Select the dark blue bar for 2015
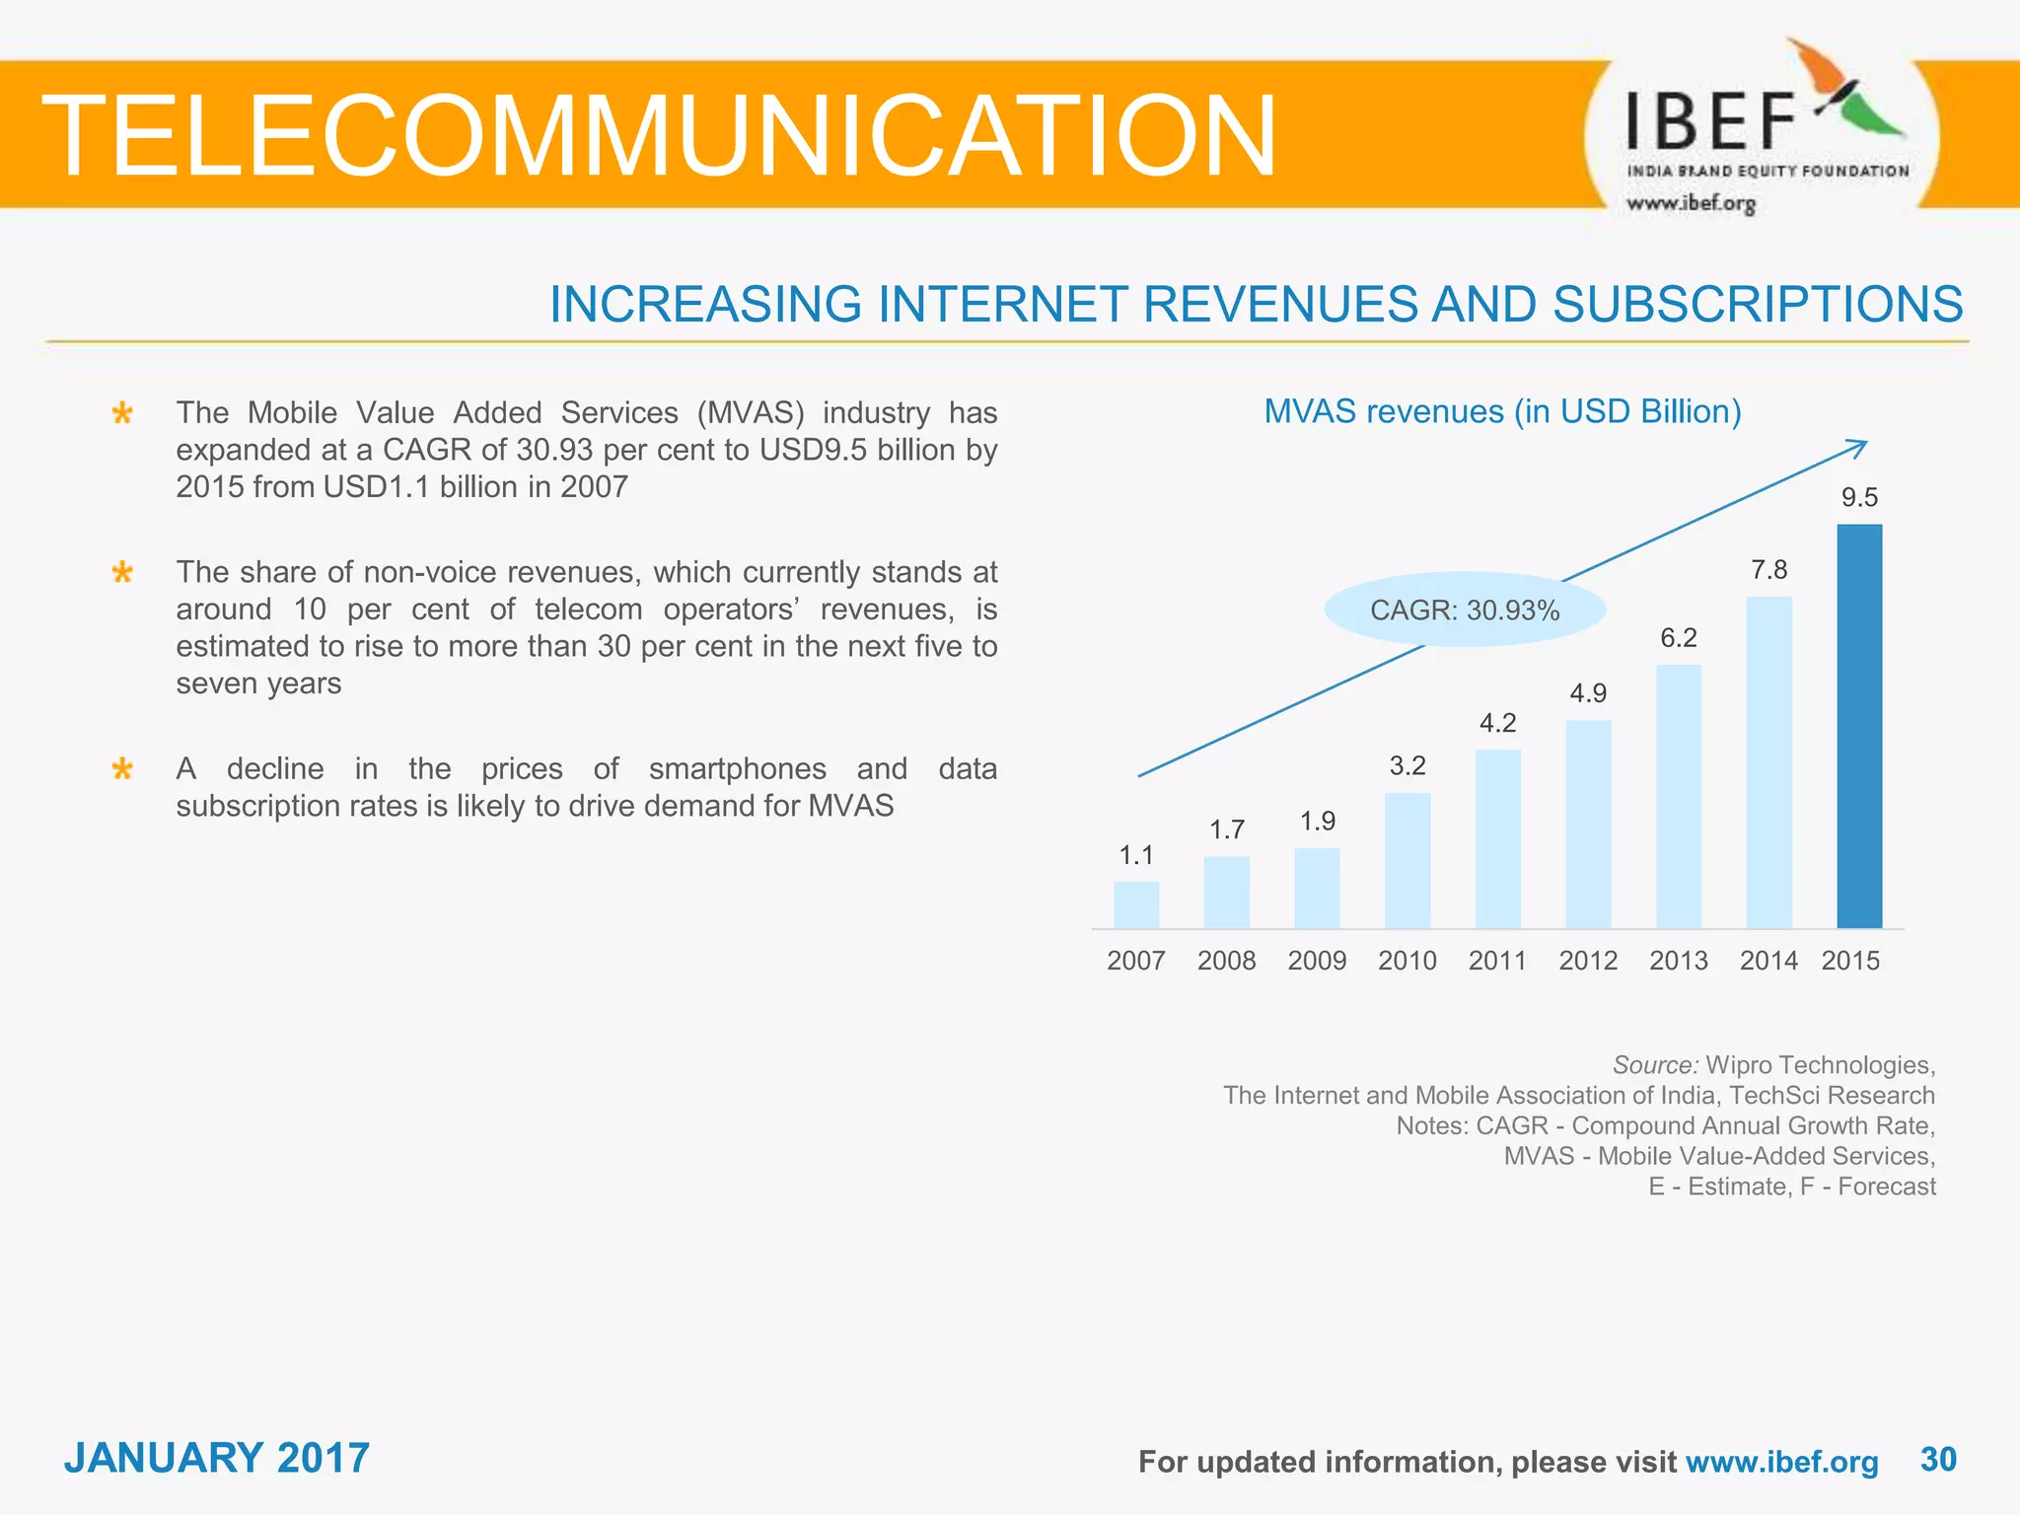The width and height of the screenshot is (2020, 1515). (1858, 726)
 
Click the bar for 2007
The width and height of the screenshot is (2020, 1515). (1136, 904)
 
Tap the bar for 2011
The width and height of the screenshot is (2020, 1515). (1497, 838)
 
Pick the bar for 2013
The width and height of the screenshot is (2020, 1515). (1678, 796)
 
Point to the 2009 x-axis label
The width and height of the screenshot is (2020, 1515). (1317, 961)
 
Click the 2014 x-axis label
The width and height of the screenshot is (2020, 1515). (1768, 961)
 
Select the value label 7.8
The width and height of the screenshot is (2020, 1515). (1768, 570)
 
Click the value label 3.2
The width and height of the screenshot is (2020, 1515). (1407, 766)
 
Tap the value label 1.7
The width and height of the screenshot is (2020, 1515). (1227, 830)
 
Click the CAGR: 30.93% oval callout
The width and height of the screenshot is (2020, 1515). (1465, 611)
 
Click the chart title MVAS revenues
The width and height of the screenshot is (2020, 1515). (1502, 411)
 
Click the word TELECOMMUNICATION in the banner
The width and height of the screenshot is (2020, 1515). (659, 136)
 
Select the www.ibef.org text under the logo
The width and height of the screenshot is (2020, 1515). (1691, 204)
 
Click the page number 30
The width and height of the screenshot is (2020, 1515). (1938, 1459)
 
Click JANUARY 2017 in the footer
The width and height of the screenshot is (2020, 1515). (217, 1458)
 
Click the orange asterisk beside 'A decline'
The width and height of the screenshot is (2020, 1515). (122, 769)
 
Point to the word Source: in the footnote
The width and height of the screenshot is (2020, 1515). (1655, 1065)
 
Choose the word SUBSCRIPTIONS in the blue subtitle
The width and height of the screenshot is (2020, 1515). (1757, 304)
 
